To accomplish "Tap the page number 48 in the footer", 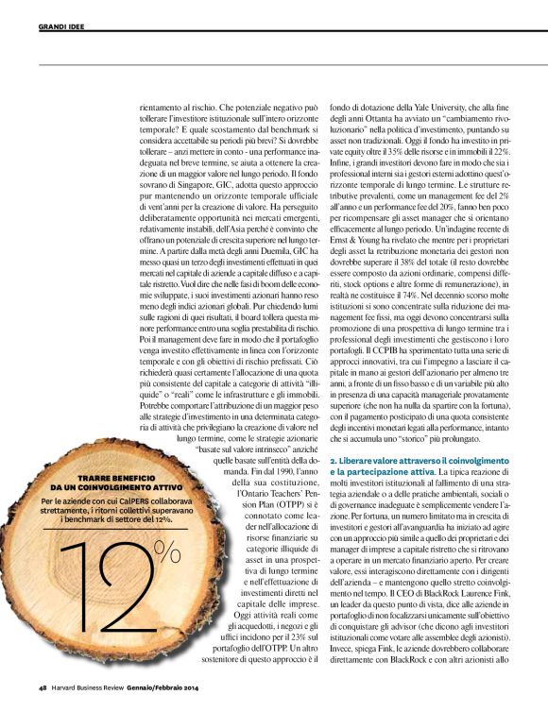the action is (43, 687).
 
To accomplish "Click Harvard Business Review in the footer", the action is (96, 687).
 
